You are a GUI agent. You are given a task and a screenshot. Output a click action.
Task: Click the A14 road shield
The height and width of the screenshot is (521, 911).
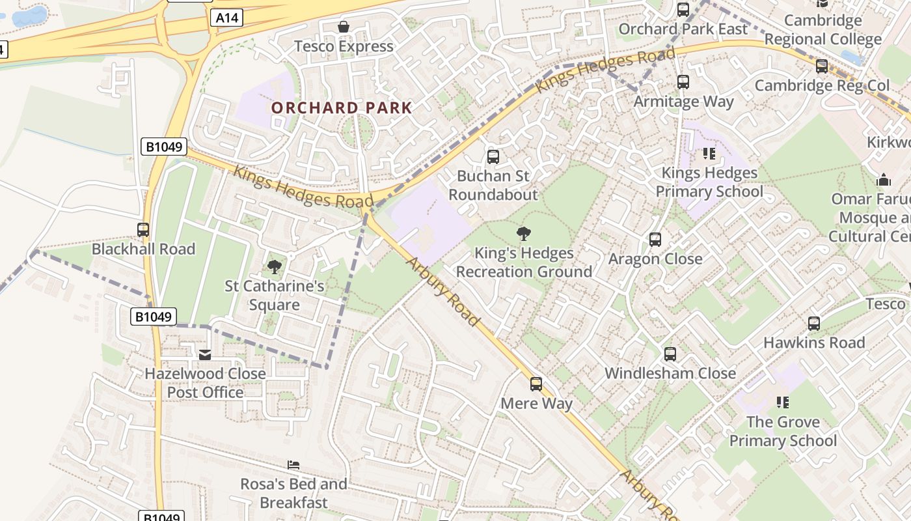coord(226,18)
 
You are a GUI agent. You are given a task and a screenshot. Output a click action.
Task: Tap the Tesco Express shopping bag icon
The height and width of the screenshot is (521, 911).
coord(343,27)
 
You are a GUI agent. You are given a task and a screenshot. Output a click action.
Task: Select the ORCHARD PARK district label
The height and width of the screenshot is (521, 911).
coord(342,107)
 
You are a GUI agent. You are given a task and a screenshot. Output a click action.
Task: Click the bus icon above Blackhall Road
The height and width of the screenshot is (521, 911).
coord(143,229)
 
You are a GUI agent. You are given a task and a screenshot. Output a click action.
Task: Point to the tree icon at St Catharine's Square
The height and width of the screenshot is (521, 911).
coord(275,266)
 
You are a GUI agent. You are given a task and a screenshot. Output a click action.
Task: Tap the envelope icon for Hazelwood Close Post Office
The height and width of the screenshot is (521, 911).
coord(205,355)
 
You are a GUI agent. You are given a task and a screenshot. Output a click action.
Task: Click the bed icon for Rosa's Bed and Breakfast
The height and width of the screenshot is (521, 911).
coord(293,465)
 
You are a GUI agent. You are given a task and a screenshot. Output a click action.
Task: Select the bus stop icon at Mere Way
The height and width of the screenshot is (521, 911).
coord(536,384)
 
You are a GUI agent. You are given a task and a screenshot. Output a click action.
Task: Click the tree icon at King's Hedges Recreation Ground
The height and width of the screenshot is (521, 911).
coord(524,234)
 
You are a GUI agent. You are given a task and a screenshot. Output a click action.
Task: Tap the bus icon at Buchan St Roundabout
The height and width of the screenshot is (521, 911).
coord(493,156)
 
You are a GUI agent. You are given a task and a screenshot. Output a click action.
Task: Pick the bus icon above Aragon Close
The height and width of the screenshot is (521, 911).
coord(655,239)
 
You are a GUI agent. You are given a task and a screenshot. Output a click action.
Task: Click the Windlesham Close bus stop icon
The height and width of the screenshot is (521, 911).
coord(670,354)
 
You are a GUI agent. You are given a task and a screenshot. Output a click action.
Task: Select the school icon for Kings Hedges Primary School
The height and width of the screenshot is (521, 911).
coord(709,154)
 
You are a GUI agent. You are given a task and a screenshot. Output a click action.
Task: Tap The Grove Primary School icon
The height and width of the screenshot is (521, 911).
coord(783,402)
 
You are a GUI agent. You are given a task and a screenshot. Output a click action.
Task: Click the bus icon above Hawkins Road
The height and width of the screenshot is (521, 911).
coord(813,324)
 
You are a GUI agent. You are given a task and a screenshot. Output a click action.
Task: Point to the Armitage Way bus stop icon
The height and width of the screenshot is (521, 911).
coord(683,82)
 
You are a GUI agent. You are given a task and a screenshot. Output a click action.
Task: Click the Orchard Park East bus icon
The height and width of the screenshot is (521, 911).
coord(683,10)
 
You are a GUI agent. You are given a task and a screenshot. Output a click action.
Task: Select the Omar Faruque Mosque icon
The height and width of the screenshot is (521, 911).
coord(884,180)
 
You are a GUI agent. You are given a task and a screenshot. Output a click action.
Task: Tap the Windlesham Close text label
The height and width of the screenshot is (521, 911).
coord(670,374)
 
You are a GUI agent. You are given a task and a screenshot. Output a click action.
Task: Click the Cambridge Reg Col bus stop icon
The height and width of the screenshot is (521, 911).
coord(822,66)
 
